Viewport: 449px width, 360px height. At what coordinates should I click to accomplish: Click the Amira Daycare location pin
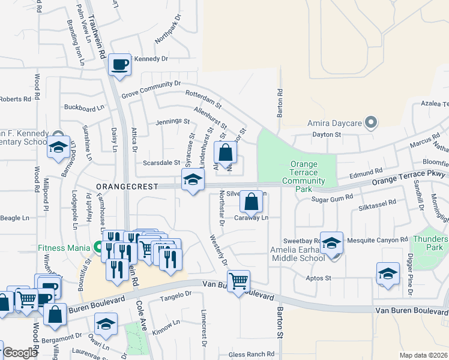tap(371, 123)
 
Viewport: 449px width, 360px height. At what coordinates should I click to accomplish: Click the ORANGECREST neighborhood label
tap(125, 187)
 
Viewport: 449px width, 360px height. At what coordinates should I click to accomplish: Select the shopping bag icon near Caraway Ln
tap(252, 201)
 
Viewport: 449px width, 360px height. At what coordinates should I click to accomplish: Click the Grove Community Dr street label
tap(151, 89)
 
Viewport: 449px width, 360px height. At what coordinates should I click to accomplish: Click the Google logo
tap(19, 353)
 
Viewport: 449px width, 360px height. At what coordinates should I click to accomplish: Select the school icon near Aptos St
tap(388, 273)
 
